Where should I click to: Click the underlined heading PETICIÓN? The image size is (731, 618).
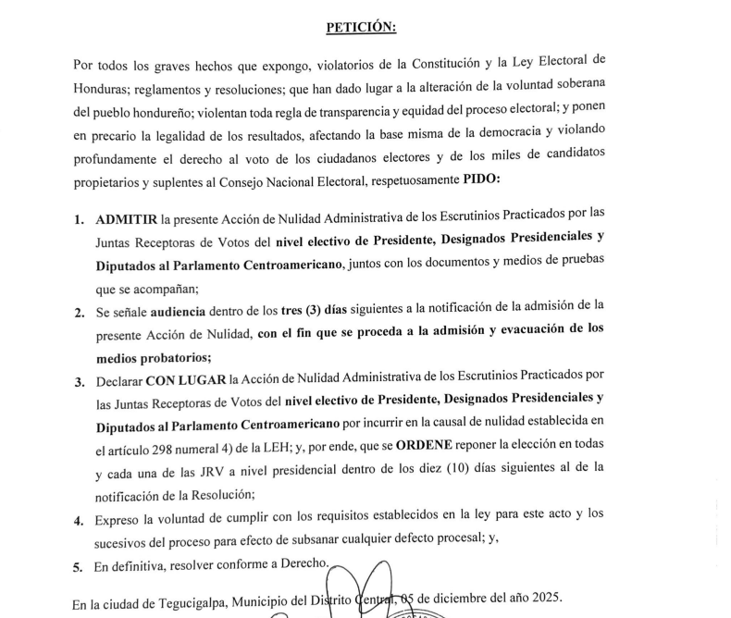(x=361, y=27)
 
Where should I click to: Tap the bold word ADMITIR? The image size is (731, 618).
(x=126, y=221)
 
